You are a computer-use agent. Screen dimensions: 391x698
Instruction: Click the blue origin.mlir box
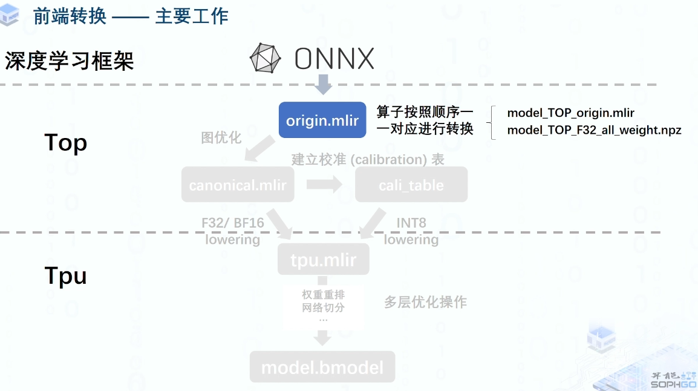(322, 120)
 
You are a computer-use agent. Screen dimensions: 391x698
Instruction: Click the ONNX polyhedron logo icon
(266, 59)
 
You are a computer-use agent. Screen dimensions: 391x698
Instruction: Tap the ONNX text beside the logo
(334, 59)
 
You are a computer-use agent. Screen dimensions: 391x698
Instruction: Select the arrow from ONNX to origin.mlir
(324, 84)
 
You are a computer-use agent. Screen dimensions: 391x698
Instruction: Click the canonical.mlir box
(238, 185)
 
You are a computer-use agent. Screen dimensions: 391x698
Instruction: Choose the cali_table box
(411, 185)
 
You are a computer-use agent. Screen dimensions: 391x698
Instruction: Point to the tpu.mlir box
(324, 260)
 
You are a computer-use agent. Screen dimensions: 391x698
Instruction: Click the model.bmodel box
(322, 367)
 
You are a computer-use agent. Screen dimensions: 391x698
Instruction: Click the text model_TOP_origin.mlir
(570, 113)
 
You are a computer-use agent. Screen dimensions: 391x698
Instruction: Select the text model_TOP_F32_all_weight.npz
(594, 130)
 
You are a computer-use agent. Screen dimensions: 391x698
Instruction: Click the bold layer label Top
(66, 143)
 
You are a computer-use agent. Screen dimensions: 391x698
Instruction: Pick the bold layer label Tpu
(66, 276)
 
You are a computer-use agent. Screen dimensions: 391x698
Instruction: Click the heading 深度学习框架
(70, 61)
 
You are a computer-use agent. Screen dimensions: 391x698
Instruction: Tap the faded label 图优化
(221, 138)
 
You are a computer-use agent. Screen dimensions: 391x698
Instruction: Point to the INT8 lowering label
(411, 231)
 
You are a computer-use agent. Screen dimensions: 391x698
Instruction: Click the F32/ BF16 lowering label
(233, 231)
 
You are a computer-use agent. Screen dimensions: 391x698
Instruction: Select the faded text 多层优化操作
(426, 302)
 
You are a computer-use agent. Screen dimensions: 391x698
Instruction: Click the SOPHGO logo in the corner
(673, 381)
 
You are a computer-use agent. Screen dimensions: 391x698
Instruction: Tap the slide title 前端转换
(70, 16)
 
